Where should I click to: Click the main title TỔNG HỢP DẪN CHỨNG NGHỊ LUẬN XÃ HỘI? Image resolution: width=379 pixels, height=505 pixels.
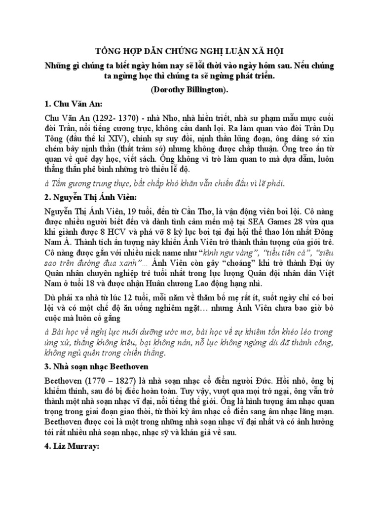[189, 52]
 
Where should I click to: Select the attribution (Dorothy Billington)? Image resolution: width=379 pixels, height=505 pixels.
[189, 92]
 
